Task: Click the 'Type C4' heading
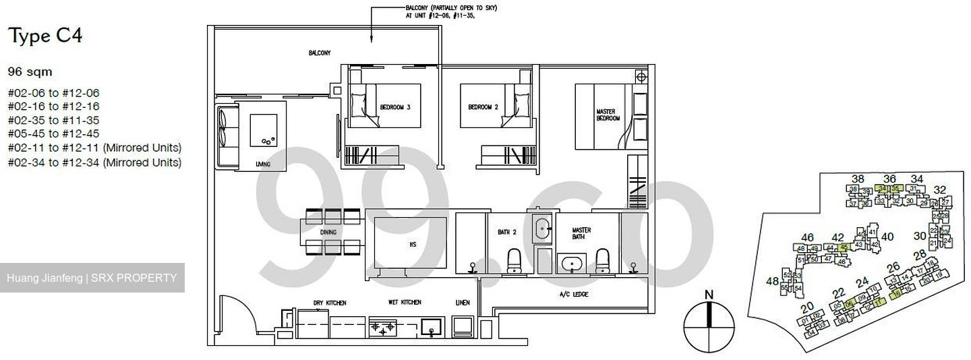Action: (x=45, y=36)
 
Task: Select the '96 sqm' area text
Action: (x=30, y=71)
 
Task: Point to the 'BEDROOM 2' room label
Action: (x=483, y=107)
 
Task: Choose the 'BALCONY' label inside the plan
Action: (x=320, y=53)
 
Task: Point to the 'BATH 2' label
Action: (x=506, y=232)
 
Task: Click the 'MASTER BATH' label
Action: (x=581, y=233)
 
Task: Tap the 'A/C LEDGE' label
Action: (x=570, y=295)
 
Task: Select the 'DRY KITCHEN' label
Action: (x=330, y=303)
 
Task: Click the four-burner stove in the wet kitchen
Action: (x=382, y=328)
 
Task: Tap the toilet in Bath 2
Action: (x=514, y=260)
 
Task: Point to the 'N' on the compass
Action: (x=708, y=295)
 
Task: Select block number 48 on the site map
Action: (x=772, y=281)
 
